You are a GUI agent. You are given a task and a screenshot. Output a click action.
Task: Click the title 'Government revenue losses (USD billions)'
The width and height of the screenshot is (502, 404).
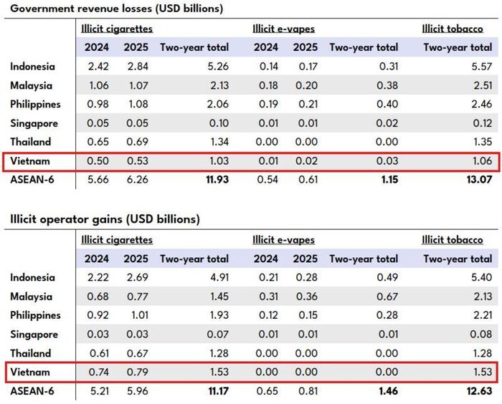coord(116,9)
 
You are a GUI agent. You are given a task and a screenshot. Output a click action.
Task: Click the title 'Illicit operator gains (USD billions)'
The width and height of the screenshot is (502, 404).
coord(105,219)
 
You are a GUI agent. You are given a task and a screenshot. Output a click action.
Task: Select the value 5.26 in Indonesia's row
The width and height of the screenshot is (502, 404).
coord(219,67)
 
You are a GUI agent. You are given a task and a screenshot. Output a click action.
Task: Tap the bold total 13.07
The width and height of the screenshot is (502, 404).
coord(479,180)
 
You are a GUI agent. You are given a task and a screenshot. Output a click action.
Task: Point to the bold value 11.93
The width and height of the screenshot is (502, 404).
coord(217,180)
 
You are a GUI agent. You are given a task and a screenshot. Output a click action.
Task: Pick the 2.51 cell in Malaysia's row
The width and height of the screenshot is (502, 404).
coord(483,85)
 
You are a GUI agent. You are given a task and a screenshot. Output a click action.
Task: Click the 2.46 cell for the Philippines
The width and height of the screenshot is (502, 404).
coord(482,105)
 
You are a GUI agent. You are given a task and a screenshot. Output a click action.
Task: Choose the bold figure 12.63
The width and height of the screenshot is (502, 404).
coord(479,391)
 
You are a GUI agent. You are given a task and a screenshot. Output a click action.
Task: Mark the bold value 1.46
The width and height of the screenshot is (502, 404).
coord(389,391)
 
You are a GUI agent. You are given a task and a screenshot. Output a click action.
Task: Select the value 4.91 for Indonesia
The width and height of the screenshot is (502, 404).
coord(219,277)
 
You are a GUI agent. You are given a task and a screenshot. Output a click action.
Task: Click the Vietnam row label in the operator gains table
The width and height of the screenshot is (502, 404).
coord(30,372)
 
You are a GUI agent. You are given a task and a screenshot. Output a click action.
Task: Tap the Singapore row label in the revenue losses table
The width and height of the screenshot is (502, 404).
coord(34,123)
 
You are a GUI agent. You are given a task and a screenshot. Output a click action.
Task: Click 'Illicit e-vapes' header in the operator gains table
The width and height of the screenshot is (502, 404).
coord(284,240)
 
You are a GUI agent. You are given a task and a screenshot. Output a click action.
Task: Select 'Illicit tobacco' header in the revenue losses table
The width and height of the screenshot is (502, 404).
coord(453,29)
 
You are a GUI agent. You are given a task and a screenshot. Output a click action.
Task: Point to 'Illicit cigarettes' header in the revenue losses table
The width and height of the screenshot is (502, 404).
coord(117,29)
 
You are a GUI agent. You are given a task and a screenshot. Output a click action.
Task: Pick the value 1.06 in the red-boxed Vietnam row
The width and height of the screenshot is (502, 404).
coord(483,161)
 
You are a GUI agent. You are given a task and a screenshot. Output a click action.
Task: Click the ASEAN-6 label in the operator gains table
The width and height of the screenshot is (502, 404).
coord(32,391)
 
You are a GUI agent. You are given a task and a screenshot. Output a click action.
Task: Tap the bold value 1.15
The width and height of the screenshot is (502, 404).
coord(389,180)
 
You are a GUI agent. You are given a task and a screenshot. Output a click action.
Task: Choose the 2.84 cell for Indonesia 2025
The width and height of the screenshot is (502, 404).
coord(138,67)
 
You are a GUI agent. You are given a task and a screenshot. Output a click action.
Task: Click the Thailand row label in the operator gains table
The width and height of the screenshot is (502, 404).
coord(30,353)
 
